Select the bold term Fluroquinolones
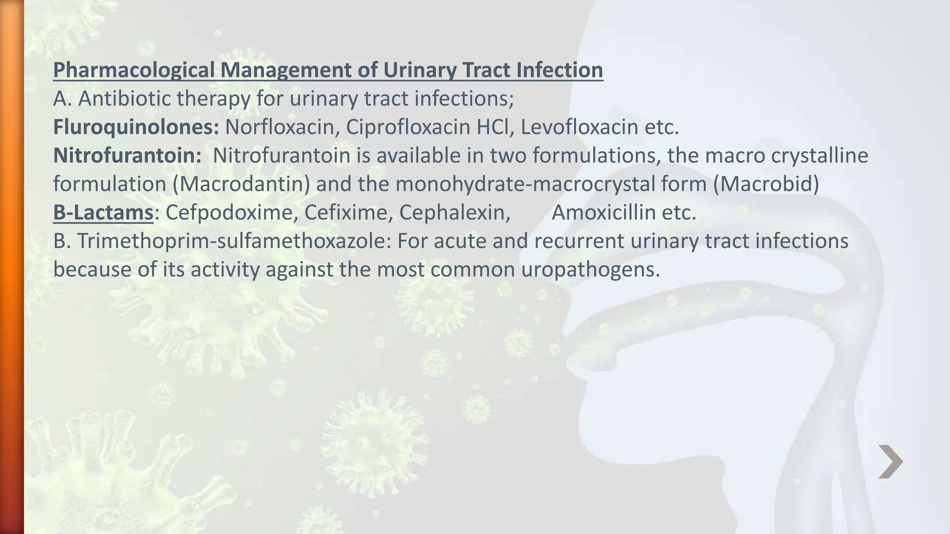(136, 127)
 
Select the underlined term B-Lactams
(103, 213)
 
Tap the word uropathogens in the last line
(590, 270)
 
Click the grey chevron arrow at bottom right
(890, 462)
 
